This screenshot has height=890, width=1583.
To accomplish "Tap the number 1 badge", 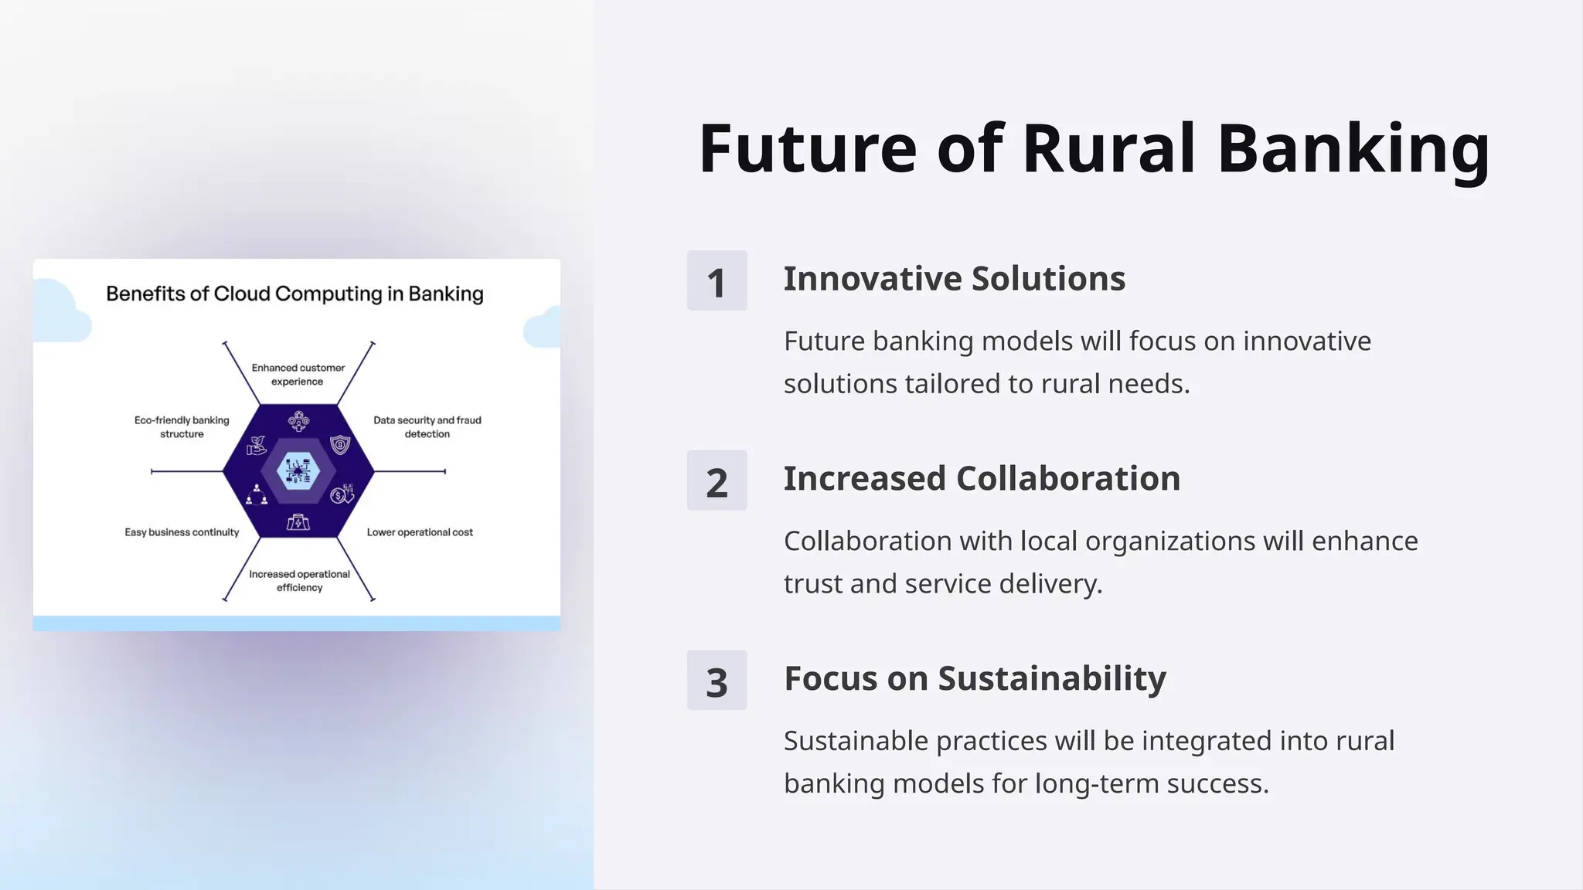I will [x=717, y=280].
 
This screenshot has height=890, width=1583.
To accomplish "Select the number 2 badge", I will [x=717, y=481].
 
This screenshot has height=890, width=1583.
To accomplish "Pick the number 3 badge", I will [x=717, y=681].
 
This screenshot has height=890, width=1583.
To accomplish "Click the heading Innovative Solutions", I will [x=954, y=279].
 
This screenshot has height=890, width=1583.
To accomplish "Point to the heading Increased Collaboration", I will [x=982, y=479].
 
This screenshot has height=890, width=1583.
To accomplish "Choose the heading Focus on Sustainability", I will [x=975, y=678].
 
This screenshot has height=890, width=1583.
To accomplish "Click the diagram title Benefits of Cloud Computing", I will [x=294, y=294].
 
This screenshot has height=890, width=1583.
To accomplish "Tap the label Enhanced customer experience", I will [x=298, y=375].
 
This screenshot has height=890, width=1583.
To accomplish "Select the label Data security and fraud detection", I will [x=427, y=427].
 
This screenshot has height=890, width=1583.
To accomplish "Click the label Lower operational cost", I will [x=420, y=532].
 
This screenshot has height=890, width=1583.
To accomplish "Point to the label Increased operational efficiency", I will [x=299, y=581].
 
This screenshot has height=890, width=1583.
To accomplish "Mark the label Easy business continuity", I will [x=182, y=532].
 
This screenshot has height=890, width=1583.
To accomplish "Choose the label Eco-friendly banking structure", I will [x=182, y=427].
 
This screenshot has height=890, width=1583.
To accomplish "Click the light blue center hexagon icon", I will [x=298, y=471].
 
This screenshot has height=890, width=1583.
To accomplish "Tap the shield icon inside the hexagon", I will [x=340, y=445].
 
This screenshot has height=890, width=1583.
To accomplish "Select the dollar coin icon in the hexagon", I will [x=339, y=495].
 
